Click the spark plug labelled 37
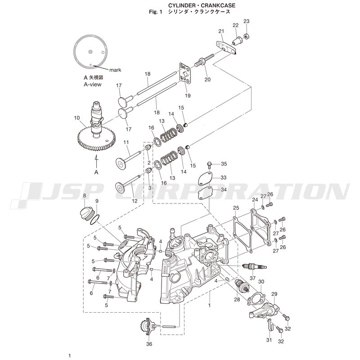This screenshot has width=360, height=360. pyautogui.click(x=255, y=266)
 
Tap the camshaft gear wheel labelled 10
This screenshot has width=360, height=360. pyautogui.click(x=96, y=139)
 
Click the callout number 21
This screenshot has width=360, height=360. pyautogui.click(x=221, y=31)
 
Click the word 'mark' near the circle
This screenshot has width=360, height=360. pyautogui.click(x=115, y=70)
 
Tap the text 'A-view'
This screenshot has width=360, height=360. pyautogui.click(x=93, y=85)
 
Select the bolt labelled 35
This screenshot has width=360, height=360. pyautogui.click(x=209, y=164)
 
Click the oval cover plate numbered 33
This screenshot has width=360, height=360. pyautogui.click(x=205, y=178)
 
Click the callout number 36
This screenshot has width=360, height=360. pyautogui.click(x=149, y=344)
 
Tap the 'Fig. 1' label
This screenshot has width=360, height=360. pyautogui.click(x=155, y=12)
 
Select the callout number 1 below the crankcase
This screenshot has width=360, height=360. pyautogui.click(x=209, y=306)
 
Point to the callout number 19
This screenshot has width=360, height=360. pyautogui.click(x=188, y=95)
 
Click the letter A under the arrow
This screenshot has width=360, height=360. pyautogui.click(x=96, y=172)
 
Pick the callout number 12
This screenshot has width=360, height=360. pyautogui.click(x=135, y=201)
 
